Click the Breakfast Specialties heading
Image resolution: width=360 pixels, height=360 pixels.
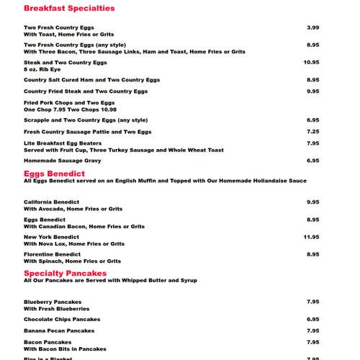pos(69,9)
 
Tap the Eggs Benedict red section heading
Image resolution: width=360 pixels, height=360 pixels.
pos(55,174)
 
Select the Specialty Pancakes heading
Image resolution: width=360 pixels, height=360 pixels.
pos(65,274)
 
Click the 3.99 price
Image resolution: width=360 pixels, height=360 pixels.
pos(312,27)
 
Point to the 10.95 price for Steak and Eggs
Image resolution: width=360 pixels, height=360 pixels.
pos(311,63)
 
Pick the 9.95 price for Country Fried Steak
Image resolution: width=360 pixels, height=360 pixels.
pos(312,91)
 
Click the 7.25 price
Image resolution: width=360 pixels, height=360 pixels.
pos(312,132)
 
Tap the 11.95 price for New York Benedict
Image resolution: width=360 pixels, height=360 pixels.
pos(311,237)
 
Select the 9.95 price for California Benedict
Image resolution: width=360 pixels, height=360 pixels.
pos(312,202)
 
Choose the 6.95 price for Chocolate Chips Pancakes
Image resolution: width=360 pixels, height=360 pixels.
pos(312,319)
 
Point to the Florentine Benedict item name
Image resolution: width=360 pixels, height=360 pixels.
pos(52,254)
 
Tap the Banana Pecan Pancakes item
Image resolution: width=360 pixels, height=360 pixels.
pos(59,330)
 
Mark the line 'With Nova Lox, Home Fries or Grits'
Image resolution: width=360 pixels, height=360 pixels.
pos(73,243)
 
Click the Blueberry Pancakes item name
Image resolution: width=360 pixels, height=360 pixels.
pos(53,302)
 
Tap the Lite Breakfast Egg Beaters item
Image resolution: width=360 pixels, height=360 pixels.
pos(63,143)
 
